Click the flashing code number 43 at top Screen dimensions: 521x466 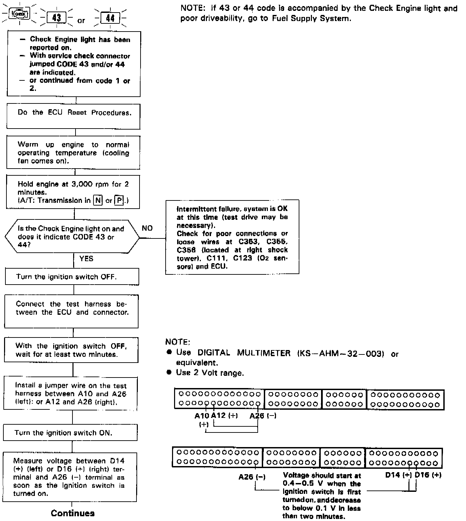[x=56, y=18]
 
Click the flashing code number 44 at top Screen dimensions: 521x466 [x=110, y=18]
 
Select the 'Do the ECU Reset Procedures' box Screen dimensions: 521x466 [x=73, y=116]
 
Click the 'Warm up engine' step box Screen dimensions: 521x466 [x=73, y=152]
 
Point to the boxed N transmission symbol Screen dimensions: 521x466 [x=98, y=200]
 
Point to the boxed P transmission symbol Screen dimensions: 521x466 [x=119, y=200]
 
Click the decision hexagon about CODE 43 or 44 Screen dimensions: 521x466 [x=72, y=237]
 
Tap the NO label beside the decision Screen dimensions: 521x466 [x=147, y=228]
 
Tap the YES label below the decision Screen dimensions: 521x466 [x=86, y=258]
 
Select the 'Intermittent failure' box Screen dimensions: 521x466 [x=232, y=237]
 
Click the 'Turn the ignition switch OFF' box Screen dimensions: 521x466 [x=72, y=277]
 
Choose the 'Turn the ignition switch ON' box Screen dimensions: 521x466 [x=70, y=433]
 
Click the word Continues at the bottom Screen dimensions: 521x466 [x=72, y=513]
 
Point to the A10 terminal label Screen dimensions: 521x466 [x=202, y=416]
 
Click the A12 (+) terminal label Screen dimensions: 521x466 [x=224, y=416]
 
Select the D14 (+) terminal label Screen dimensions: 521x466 [x=398, y=475]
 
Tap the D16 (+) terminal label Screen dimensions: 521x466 [x=428, y=475]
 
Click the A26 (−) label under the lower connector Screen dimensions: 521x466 [x=252, y=477]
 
